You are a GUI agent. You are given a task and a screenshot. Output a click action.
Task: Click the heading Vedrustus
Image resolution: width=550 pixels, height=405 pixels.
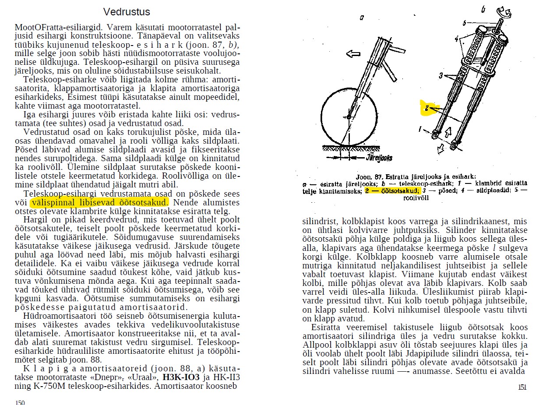127,12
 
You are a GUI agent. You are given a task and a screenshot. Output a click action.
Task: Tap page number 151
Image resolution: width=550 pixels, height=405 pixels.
522,387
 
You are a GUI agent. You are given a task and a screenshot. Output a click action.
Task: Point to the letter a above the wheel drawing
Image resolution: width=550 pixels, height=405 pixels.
362,18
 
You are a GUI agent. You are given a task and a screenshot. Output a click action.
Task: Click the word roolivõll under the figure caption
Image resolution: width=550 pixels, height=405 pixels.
416,198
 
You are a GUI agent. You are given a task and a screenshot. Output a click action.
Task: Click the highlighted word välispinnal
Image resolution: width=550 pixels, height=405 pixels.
52,203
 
